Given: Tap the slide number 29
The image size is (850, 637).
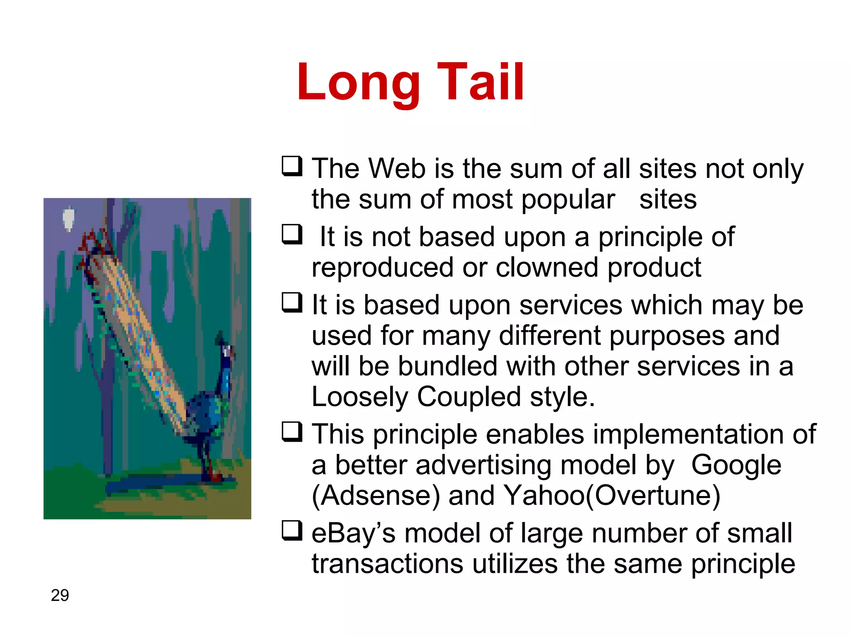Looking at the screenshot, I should [x=60, y=596].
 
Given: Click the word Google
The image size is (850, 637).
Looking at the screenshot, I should [x=736, y=465].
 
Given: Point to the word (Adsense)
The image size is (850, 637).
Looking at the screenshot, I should [x=375, y=496].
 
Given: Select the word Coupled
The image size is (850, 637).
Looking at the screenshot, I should [x=469, y=397].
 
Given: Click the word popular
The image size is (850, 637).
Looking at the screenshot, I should [x=568, y=200].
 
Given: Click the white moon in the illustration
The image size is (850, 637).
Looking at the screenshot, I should [x=68, y=218].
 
